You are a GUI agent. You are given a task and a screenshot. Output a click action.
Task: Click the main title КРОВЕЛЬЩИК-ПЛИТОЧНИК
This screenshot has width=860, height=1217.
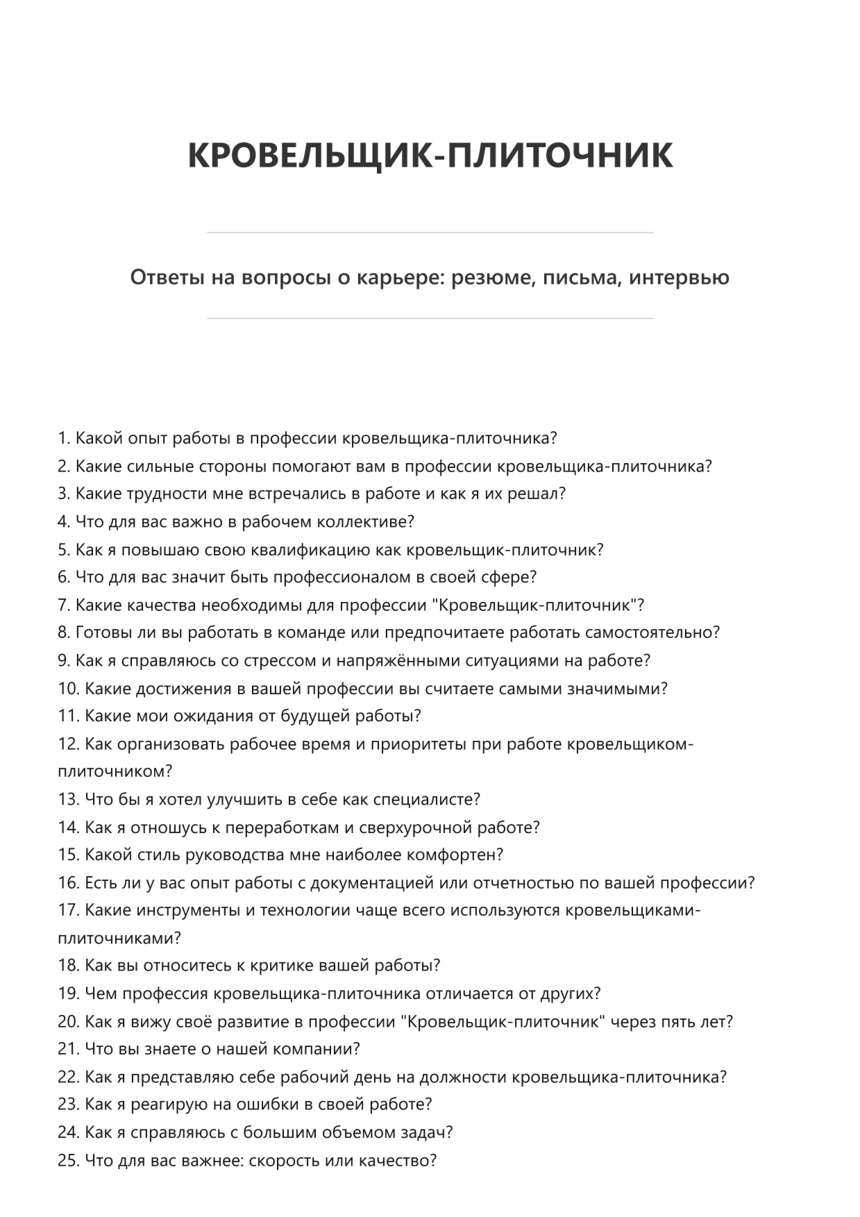click(430, 156)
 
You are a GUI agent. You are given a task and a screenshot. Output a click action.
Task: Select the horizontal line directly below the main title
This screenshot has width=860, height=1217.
click(430, 233)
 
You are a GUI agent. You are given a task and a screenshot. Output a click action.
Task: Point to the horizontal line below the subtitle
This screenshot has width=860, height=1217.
click(430, 319)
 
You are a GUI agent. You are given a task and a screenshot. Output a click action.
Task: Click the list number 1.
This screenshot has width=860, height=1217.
click(63, 439)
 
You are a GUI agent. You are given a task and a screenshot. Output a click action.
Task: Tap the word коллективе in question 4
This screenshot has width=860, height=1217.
click(365, 522)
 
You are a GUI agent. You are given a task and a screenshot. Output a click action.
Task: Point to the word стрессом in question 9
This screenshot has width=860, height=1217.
click(280, 661)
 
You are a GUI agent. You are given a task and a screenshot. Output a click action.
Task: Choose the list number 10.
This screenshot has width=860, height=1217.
click(67, 689)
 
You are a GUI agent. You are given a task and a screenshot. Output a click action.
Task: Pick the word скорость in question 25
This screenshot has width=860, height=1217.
click(283, 1160)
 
